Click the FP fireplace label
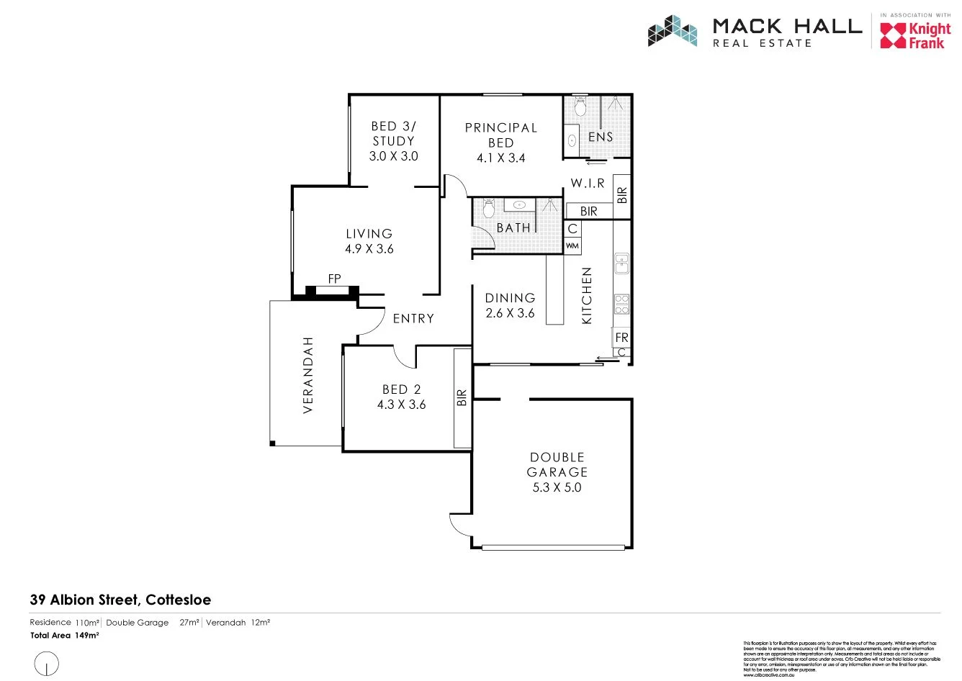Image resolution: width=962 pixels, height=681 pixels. [334, 279]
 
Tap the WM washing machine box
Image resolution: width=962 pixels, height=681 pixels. [572, 246]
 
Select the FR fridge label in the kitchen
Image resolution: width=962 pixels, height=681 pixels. [621, 337]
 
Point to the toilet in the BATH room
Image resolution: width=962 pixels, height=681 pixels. [489, 208]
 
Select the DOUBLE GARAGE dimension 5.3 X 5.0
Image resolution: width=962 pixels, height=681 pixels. [557, 487]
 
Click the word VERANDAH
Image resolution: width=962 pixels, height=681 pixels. [308, 374]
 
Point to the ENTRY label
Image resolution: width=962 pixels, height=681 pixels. [413, 318]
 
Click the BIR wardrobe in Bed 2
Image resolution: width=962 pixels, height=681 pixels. [462, 398]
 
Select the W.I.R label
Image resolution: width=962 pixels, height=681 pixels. [588, 184]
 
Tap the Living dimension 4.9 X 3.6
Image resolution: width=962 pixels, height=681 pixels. [369, 249]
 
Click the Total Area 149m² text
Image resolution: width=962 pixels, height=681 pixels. [64, 636]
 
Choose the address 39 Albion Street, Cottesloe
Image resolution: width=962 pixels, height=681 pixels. [120, 600]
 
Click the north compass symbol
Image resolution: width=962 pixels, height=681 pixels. [47, 662]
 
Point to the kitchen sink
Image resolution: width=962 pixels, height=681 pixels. [621, 263]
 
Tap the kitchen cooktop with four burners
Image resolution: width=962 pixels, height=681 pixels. [621, 304]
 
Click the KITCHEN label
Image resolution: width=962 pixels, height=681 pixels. [586, 295]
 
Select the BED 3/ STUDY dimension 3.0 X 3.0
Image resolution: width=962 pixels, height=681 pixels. [393, 156]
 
